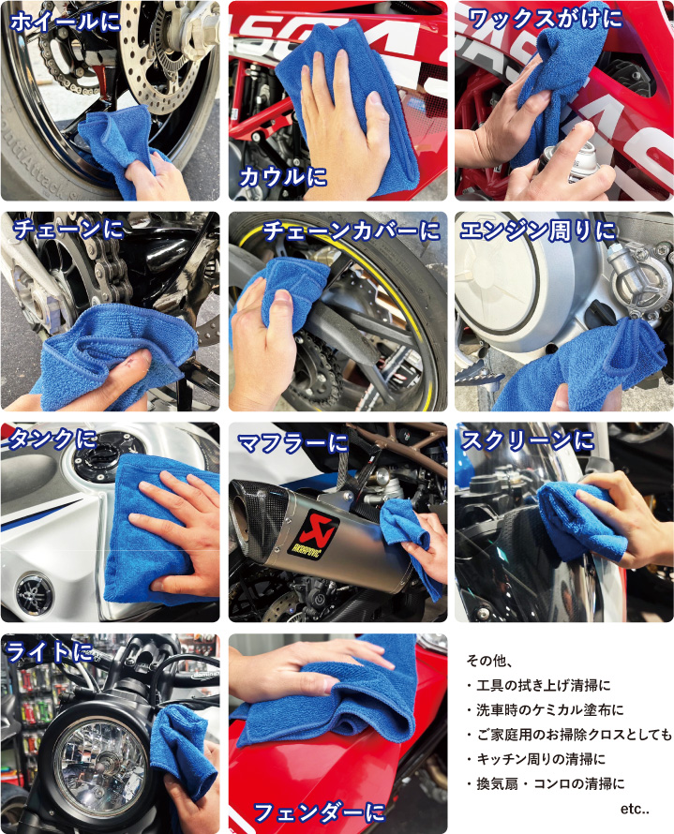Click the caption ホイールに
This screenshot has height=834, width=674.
point(66,22)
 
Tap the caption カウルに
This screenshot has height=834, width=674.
point(283,176)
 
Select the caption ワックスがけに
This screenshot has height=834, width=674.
point(546,19)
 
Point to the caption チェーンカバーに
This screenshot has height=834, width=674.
point(352,231)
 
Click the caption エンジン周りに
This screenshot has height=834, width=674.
point(538,231)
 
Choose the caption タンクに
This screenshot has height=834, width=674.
point(52,439)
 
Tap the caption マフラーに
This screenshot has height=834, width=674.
point(292,442)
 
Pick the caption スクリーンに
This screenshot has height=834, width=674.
point(527,440)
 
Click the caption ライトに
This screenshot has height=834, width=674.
point(50,652)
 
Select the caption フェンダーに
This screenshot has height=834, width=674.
point(319,812)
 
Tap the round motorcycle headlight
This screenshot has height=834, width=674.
point(100,765)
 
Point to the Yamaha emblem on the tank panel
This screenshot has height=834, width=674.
point(34,592)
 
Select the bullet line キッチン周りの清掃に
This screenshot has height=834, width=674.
point(536,759)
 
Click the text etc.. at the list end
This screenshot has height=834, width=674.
point(635,809)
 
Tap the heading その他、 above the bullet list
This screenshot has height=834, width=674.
point(489,661)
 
